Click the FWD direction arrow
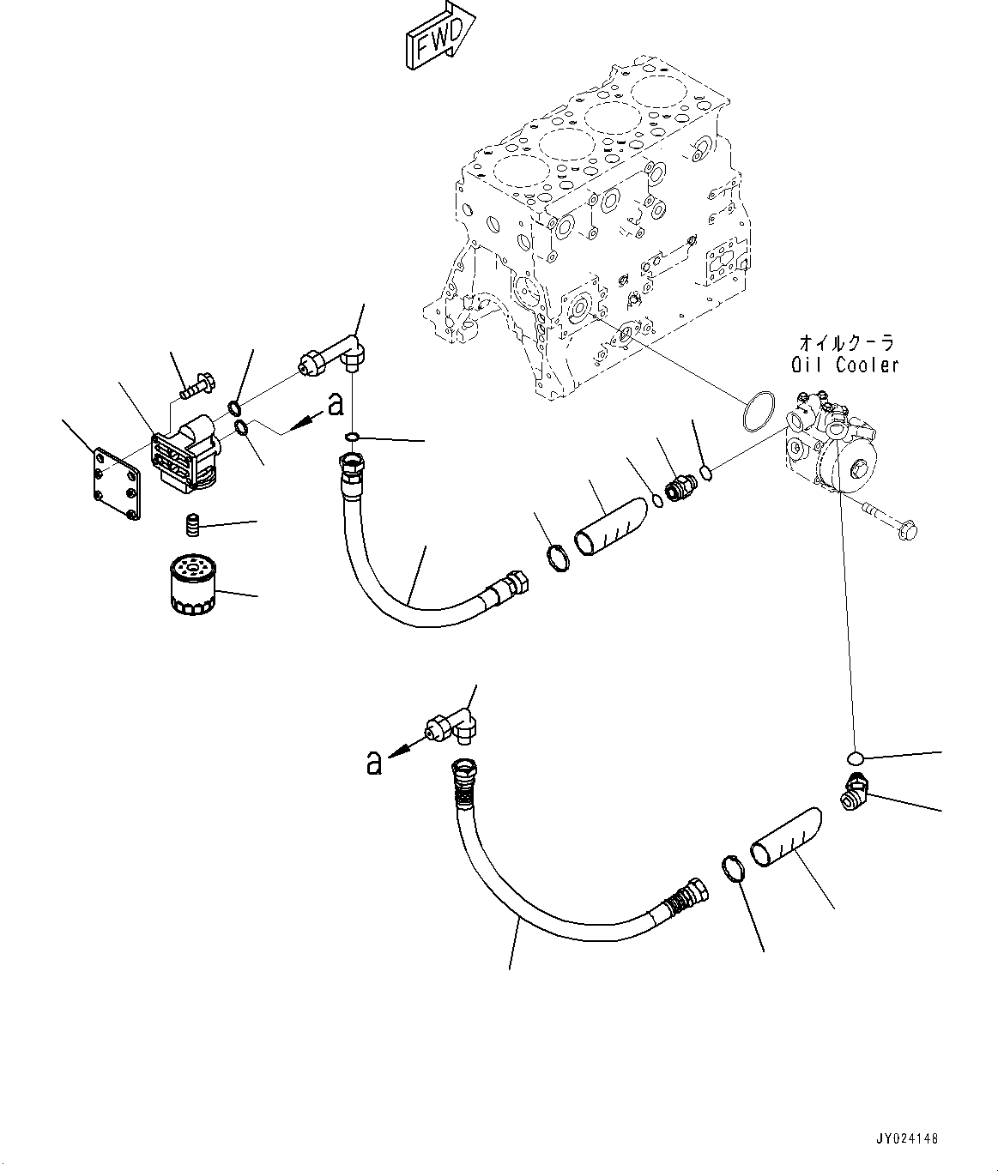441,36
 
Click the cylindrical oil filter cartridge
194,585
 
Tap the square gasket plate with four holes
118,483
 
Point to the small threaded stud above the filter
193,525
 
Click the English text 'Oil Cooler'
844,365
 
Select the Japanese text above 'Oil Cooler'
846,343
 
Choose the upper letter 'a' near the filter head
336,405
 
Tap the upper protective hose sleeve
611,526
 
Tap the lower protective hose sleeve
786,836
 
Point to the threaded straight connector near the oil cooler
677,487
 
